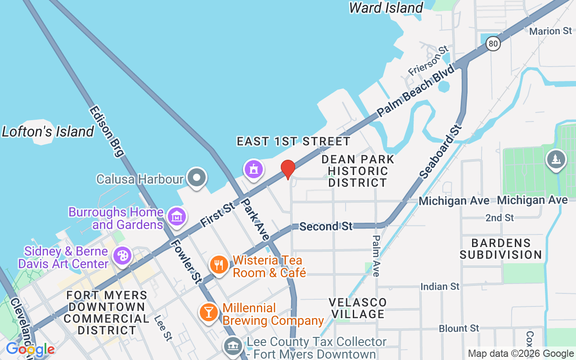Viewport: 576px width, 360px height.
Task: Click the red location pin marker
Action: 288,169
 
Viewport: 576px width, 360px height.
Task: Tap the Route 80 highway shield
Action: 494,43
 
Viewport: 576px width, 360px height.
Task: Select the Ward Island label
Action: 386,8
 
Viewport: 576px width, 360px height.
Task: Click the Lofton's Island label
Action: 48,132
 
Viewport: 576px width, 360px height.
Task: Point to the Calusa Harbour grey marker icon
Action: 197,178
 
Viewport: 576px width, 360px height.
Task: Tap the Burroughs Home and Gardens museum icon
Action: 177,216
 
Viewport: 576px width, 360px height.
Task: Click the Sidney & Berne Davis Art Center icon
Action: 122,256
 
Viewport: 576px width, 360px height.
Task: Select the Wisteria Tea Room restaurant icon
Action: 219,265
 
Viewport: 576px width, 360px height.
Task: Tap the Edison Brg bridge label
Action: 106,131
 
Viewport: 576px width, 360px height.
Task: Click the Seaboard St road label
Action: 441,150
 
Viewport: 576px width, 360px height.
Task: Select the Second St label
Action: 326,226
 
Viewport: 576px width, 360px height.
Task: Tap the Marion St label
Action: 550,31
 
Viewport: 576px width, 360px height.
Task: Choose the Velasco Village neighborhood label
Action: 358,308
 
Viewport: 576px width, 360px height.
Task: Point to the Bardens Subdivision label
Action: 501,249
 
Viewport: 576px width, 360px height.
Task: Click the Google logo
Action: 30,349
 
